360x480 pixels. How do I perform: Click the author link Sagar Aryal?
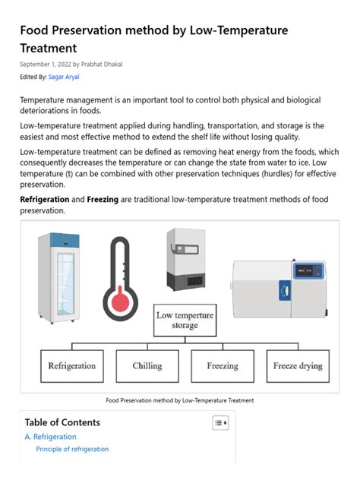click(x=65, y=77)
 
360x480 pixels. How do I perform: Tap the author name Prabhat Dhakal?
click(x=102, y=64)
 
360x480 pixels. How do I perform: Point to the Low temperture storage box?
click(x=185, y=320)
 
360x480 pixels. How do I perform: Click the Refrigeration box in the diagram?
click(x=72, y=365)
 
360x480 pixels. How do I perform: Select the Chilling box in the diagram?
click(x=147, y=365)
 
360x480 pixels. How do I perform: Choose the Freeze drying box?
click(x=298, y=365)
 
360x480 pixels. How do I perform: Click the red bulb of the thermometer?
click(x=120, y=302)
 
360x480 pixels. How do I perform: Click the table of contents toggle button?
click(x=219, y=422)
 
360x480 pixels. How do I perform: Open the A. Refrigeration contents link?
click(x=50, y=437)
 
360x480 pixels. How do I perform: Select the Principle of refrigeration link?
click(x=72, y=449)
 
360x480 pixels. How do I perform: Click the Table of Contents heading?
click(x=62, y=422)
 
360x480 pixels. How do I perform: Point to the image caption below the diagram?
click(x=179, y=400)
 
